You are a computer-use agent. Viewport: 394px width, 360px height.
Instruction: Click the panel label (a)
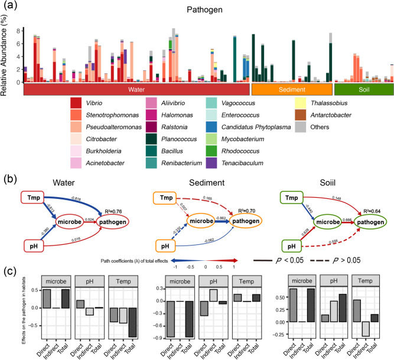click(9, 8)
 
